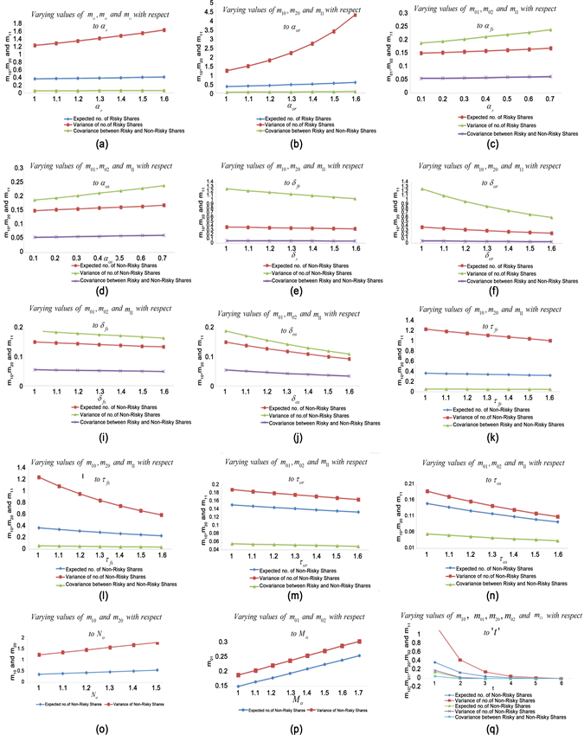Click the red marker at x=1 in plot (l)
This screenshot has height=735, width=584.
point(37,477)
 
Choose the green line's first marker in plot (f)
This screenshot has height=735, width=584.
point(421,189)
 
